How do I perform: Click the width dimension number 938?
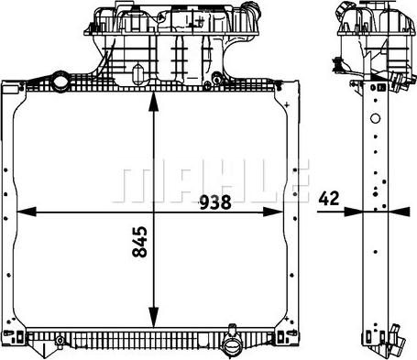(214, 202)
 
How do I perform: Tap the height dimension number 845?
(139, 242)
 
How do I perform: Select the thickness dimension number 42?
(329, 198)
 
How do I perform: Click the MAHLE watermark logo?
(211, 180)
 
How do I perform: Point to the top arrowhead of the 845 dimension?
(153, 102)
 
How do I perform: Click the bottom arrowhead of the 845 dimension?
(153, 318)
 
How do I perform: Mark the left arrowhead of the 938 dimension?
(27, 212)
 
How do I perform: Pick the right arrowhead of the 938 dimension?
(273, 212)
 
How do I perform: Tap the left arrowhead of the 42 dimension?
(353, 212)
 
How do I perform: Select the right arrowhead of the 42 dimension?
(399, 212)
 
